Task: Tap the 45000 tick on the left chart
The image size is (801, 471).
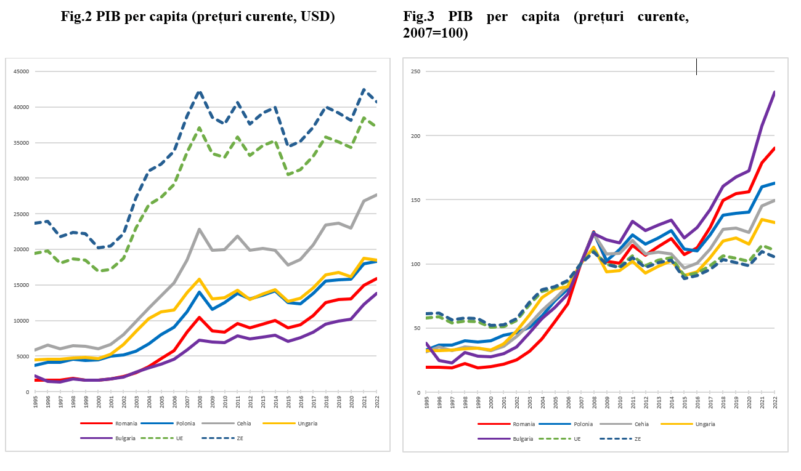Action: click(22, 71)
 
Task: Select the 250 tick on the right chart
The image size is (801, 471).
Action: click(416, 71)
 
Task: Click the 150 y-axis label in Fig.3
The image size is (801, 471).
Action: click(416, 200)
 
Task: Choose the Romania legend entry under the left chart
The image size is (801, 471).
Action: click(126, 424)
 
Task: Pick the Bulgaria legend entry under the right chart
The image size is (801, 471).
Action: click(523, 438)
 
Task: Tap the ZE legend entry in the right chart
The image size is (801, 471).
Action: click(638, 438)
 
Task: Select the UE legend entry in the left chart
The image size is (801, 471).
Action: click(179, 438)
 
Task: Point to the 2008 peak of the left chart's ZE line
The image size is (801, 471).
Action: click(199, 92)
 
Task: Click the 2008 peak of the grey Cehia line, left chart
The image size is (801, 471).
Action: click(199, 229)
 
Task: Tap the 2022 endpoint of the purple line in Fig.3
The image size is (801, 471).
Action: click(775, 92)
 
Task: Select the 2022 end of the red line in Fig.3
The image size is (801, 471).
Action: click(775, 148)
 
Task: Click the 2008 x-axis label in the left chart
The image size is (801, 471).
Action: click(199, 403)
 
